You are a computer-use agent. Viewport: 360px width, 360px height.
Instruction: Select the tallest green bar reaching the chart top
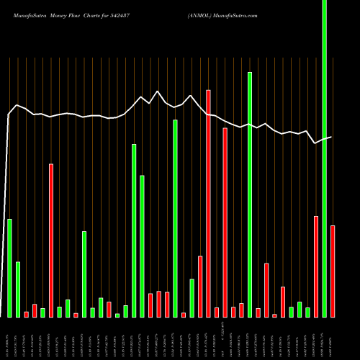324,158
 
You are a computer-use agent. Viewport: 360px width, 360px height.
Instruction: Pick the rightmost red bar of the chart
333,271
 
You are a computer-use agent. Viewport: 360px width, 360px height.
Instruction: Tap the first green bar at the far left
9,268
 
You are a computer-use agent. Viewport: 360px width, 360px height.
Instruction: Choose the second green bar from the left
18,289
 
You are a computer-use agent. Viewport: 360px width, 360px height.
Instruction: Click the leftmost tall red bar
51,240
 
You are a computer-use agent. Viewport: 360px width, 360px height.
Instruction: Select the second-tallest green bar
250,194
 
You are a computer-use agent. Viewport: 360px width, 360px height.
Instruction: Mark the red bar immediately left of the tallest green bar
316,266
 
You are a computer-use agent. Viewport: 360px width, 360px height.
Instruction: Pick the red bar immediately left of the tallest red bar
200,287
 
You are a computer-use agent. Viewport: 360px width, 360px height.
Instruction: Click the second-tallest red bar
225,222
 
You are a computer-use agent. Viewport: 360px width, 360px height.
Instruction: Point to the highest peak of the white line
158,91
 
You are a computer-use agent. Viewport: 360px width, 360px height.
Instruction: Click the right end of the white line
332,137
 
